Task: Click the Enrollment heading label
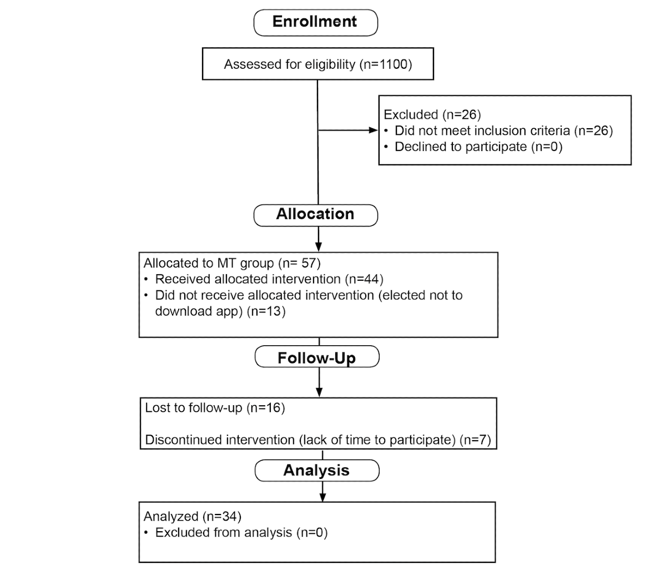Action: pos(315,22)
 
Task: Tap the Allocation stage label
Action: pos(315,214)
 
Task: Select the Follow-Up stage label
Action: pos(317,357)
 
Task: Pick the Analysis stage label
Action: pos(316,470)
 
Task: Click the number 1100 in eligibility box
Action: pos(393,64)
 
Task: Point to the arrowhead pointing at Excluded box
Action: pos(373,130)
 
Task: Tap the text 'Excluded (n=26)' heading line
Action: pos(432,114)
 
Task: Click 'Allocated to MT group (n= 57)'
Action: pos(232,263)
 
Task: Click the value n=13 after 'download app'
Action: pos(266,311)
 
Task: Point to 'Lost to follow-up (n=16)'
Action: pos(215,407)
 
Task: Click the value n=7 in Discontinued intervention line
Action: pos(476,440)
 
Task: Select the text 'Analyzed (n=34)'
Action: pos(193,516)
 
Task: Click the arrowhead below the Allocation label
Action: pos(319,247)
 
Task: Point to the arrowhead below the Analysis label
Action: pos(322,497)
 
